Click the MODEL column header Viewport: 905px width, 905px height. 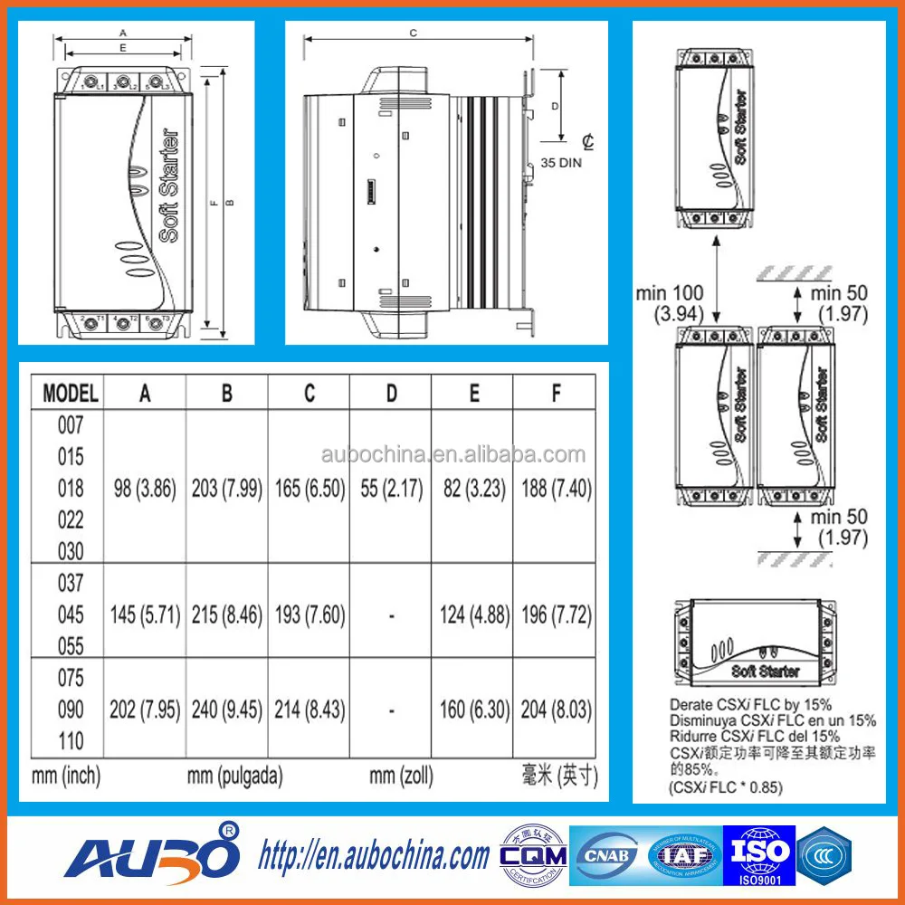[70, 394]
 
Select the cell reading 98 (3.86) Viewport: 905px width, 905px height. [145, 489]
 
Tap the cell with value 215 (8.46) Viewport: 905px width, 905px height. [226, 615]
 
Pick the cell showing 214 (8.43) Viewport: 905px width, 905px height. [310, 710]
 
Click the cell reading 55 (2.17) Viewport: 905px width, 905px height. [391, 489]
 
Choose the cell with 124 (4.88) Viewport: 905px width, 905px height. [473, 615]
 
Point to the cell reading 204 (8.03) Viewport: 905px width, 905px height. [556, 710]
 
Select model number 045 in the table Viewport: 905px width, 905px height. [71, 615]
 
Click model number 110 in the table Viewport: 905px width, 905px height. [71, 741]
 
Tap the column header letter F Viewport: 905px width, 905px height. [556, 394]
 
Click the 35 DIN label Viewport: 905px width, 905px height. [561, 164]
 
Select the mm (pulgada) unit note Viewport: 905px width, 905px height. [234, 776]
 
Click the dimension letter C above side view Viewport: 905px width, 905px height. [413, 33]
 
